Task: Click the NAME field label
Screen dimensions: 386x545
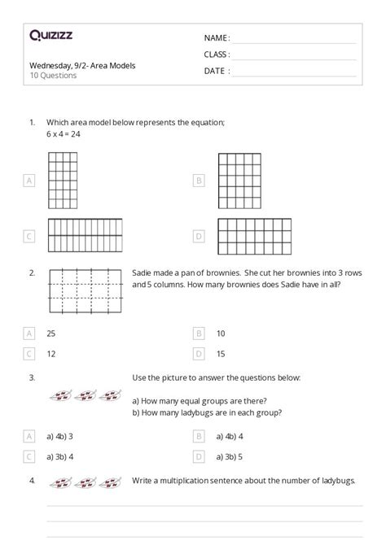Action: (x=217, y=37)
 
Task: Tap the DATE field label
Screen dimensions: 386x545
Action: (x=216, y=71)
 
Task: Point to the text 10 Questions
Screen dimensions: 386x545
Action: (x=53, y=76)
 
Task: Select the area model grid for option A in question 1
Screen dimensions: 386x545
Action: (x=63, y=180)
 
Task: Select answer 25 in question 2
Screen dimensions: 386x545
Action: (x=51, y=334)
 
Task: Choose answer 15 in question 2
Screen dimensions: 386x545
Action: (x=221, y=354)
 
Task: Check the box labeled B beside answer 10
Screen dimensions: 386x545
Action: (x=198, y=334)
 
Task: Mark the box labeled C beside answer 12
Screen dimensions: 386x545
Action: (x=29, y=354)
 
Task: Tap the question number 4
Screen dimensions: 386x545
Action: (x=32, y=480)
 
